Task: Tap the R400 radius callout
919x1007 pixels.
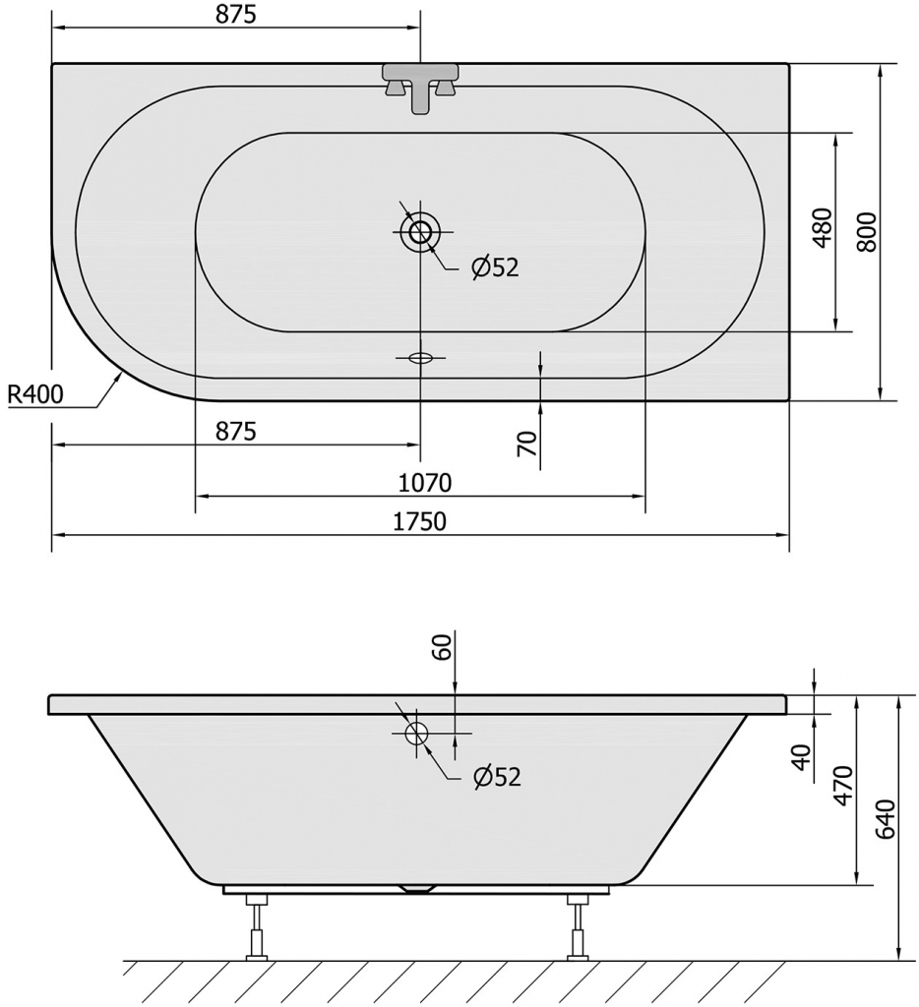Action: coord(35,395)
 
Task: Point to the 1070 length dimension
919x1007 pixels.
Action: coord(424,483)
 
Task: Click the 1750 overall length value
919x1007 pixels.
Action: coord(420,521)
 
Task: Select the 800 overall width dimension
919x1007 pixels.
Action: coord(866,232)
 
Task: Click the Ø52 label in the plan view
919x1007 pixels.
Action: coord(494,267)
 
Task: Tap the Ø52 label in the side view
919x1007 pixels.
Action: coord(496,777)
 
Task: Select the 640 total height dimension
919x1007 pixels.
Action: coord(885,820)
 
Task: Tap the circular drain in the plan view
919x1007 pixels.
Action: coord(421,232)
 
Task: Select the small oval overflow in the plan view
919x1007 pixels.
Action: coord(420,358)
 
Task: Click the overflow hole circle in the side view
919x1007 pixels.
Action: coord(416,734)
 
